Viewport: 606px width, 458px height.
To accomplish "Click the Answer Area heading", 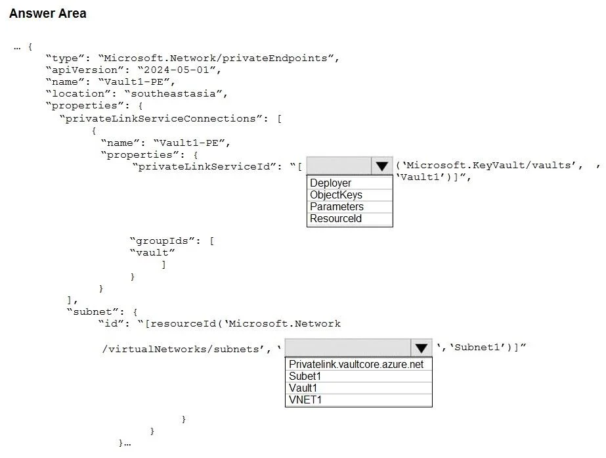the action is click(47, 13).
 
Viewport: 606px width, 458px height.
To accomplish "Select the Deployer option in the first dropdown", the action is click(330, 183).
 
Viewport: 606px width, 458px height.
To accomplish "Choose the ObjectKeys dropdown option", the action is click(336, 195).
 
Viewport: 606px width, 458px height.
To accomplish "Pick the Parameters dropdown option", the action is click(337, 206).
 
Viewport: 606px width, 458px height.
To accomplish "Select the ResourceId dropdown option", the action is click(336, 219).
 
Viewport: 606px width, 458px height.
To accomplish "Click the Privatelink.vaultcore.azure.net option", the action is click(356, 365).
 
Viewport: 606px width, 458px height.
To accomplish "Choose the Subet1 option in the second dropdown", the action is click(305, 376).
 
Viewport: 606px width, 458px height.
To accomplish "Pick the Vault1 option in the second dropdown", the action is click(303, 388).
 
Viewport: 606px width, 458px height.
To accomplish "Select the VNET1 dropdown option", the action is click(305, 400).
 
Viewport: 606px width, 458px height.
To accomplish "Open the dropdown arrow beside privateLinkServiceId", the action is click(382, 166).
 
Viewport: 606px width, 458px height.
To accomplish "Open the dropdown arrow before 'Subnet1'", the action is click(422, 348).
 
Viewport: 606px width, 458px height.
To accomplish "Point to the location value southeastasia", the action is click(176, 93).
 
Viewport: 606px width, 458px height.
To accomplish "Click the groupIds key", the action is click(165, 241).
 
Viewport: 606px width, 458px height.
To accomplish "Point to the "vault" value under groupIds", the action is click(152, 252).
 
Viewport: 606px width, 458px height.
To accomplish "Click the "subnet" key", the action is click(95, 311).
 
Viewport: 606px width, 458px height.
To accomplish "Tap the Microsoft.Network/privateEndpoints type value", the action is click(219, 58).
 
